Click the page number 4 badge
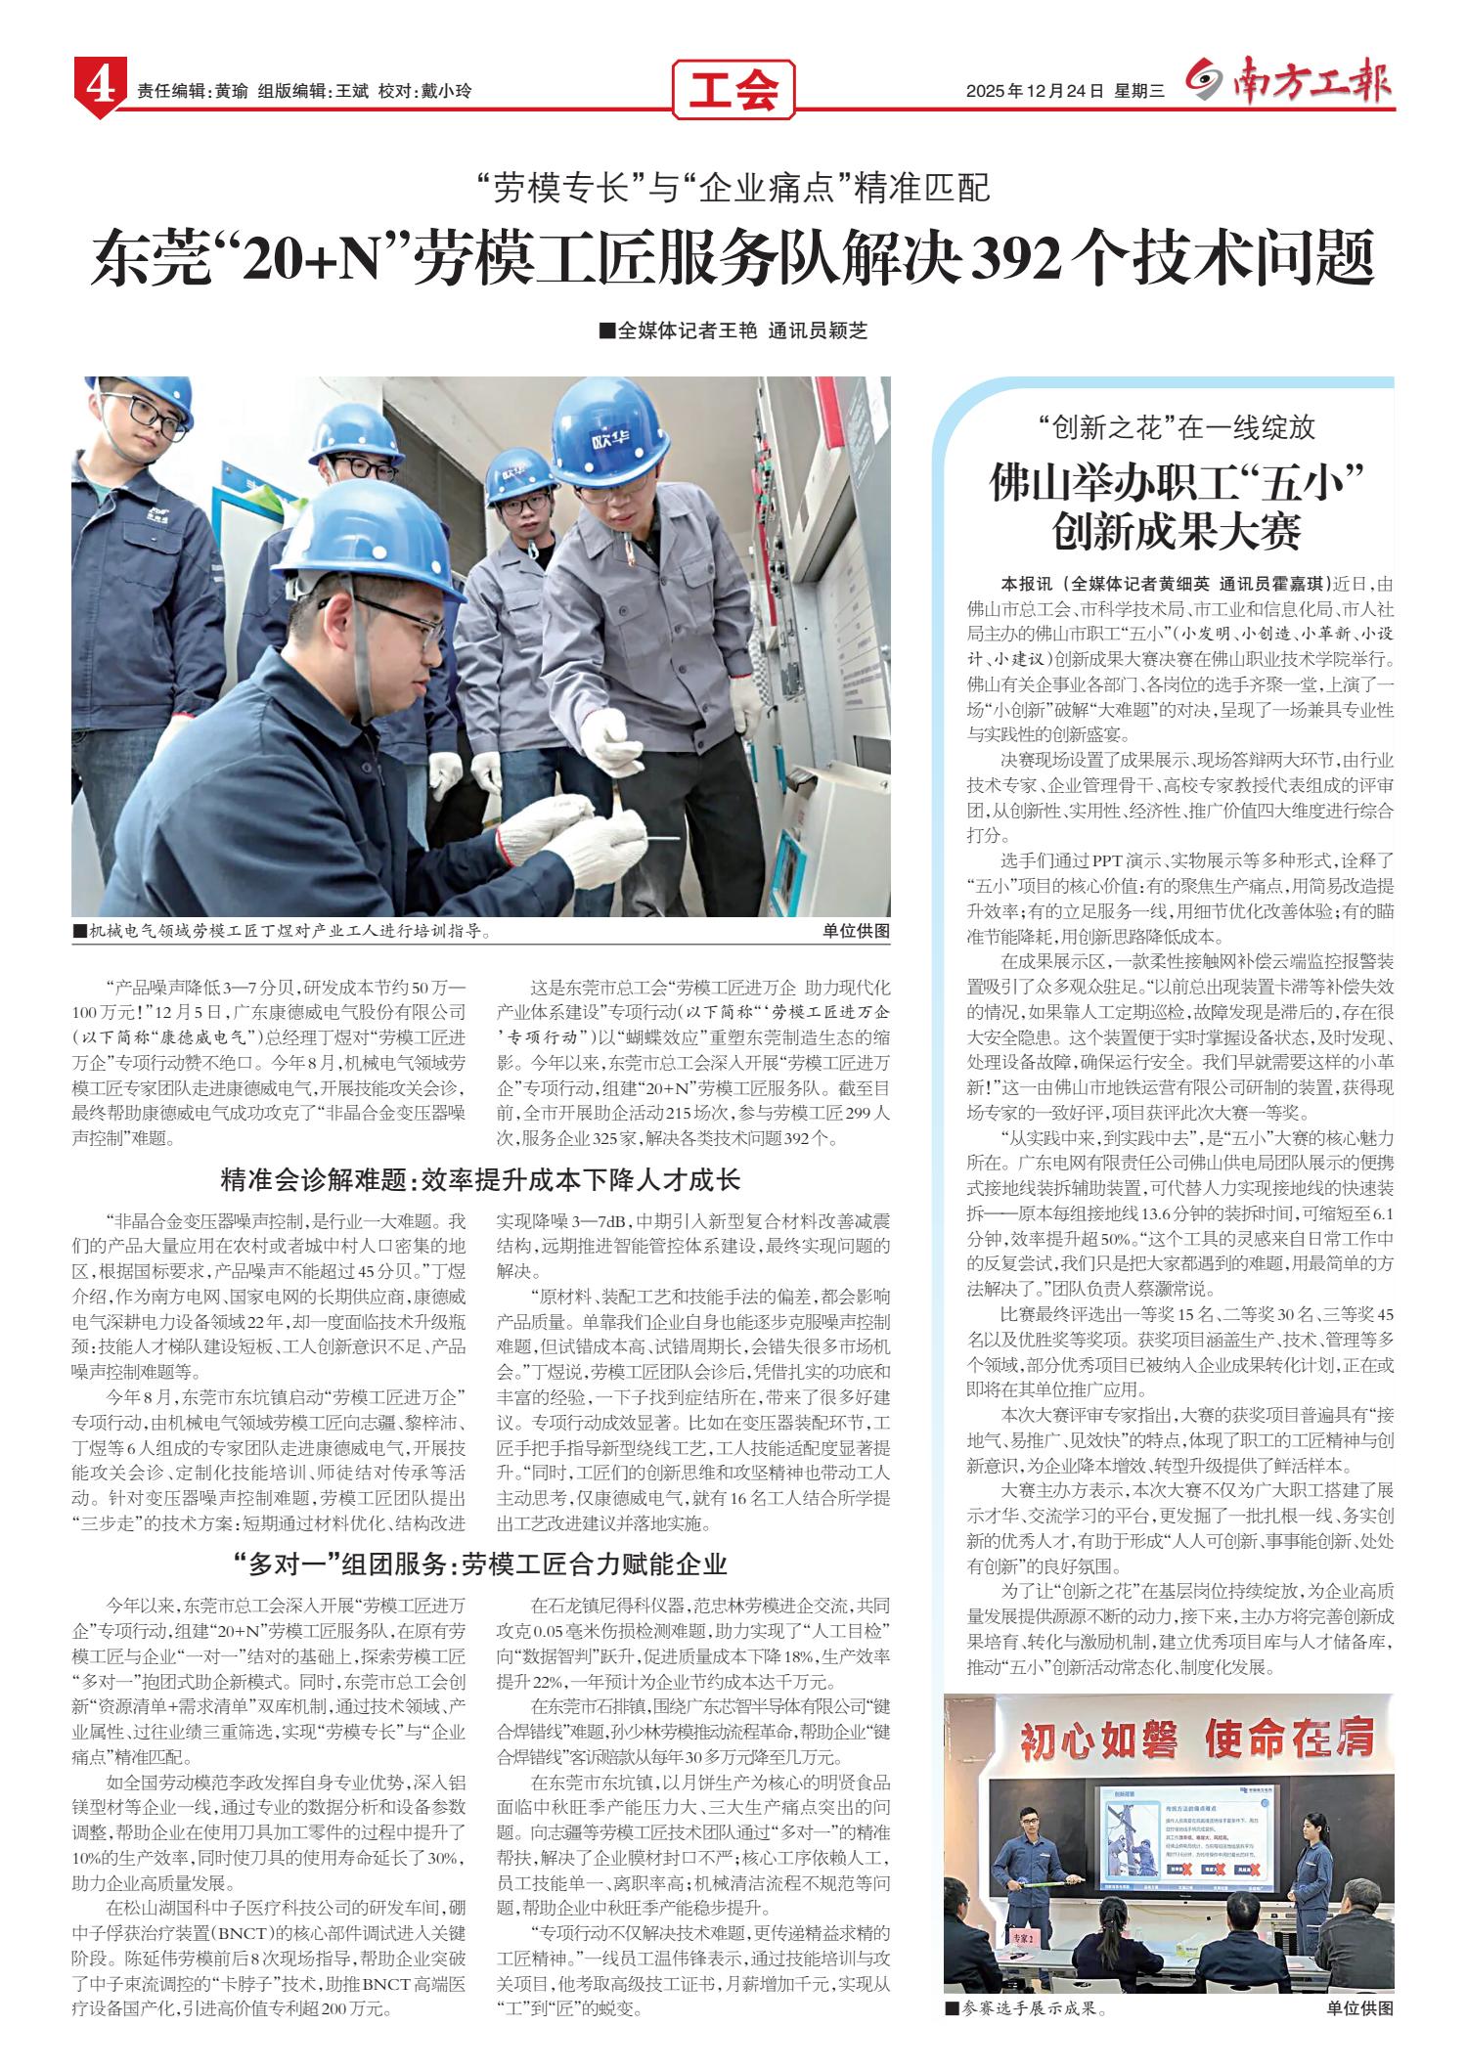(97, 91)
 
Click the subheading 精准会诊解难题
(313, 1180)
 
